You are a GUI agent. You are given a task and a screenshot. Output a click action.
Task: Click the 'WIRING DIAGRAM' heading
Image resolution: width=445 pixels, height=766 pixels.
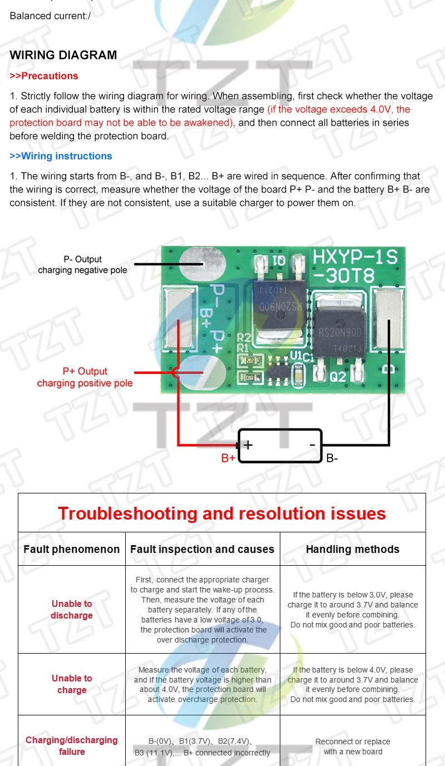[63, 55]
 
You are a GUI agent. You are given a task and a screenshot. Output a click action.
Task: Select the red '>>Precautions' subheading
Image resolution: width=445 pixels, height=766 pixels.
[44, 76]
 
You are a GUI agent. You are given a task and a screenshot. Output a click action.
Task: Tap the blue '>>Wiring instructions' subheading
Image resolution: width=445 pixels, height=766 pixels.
[61, 156]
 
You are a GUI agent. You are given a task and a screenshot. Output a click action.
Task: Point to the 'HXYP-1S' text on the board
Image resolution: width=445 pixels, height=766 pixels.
[355, 256]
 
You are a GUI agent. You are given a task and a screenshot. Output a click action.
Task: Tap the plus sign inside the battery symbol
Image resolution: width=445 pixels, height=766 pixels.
[248, 444]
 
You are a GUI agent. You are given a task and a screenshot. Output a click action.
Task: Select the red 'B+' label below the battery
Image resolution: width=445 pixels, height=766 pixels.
[228, 458]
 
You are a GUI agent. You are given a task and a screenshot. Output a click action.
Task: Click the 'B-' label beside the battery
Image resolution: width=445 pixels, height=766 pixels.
[332, 458]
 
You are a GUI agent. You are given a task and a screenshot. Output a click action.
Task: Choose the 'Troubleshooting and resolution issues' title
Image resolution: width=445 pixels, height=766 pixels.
[222, 513]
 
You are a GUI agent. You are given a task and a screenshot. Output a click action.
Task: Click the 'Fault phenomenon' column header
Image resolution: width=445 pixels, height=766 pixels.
[71, 549]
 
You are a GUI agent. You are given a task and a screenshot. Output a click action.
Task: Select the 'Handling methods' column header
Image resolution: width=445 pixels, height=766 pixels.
[352, 549]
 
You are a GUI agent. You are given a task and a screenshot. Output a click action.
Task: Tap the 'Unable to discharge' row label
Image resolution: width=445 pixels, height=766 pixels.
[72, 610]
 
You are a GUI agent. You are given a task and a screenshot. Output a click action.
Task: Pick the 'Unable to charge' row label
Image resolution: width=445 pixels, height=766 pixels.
[72, 684]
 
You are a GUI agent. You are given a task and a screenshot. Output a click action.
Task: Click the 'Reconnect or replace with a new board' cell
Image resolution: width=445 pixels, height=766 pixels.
[353, 747]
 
